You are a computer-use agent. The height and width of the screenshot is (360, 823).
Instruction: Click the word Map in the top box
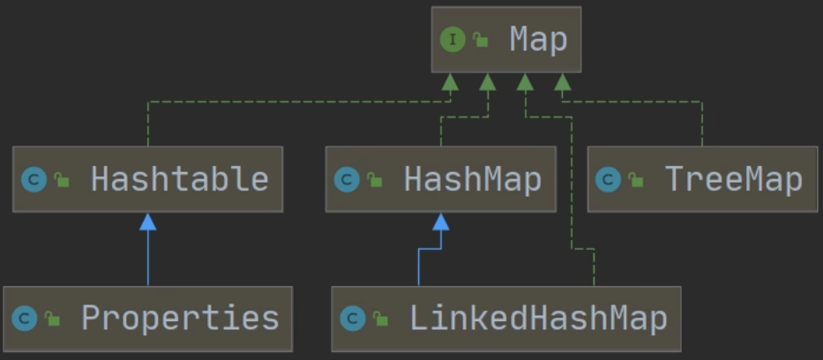[538, 40]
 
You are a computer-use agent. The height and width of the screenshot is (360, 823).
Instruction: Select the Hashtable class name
[179, 179]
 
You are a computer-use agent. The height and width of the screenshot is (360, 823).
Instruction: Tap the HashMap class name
[472, 179]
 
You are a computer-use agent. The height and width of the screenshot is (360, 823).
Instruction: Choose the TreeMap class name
[733, 179]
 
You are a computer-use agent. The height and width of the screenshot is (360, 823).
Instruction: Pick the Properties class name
[180, 318]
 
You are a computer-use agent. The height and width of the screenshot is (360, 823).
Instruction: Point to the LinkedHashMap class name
[538, 318]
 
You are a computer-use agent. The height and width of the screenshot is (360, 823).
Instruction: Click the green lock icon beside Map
[481, 40]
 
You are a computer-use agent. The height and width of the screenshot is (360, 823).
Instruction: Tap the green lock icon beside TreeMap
[635, 180]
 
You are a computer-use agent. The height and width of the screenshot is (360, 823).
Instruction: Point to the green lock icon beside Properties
[53, 319]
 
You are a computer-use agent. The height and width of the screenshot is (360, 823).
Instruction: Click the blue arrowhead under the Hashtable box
[148, 221]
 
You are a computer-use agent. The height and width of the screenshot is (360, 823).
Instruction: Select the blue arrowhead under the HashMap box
[440, 221]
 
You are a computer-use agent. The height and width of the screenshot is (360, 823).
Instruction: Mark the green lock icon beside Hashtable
[61, 180]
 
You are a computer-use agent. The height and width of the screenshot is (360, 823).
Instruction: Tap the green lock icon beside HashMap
[374, 180]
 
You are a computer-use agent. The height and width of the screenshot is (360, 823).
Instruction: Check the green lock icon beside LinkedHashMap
[380, 319]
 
